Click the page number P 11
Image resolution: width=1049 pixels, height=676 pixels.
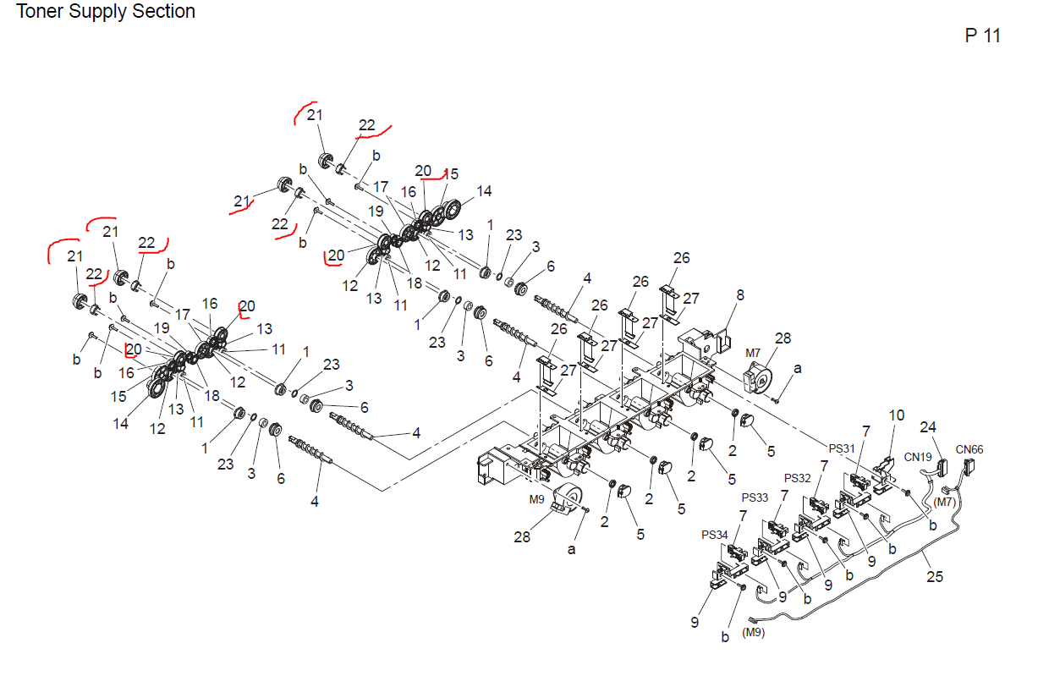[x=982, y=36]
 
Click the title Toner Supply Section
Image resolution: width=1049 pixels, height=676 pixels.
[x=106, y=12]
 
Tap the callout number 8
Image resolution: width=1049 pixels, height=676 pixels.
[x=740, y=295]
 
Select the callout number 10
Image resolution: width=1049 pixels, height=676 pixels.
[x=896, y=415]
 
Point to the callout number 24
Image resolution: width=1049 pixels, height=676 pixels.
[x=929, y=427]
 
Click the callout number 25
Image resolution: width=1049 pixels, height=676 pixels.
[x=934, y=577]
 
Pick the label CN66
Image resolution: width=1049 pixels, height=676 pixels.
[x=969, y=449]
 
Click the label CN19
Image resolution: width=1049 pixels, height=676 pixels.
[x=917, y=458]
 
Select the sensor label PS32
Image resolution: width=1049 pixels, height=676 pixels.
[x=799, y=477]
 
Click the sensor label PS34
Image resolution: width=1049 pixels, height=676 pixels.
[x=714, y=535]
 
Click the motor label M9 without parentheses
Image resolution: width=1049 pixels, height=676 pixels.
[x=537, y=499]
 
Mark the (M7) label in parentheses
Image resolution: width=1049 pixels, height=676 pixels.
[x=945, y=503]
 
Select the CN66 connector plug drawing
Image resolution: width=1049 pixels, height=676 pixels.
[x=969, y=468]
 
